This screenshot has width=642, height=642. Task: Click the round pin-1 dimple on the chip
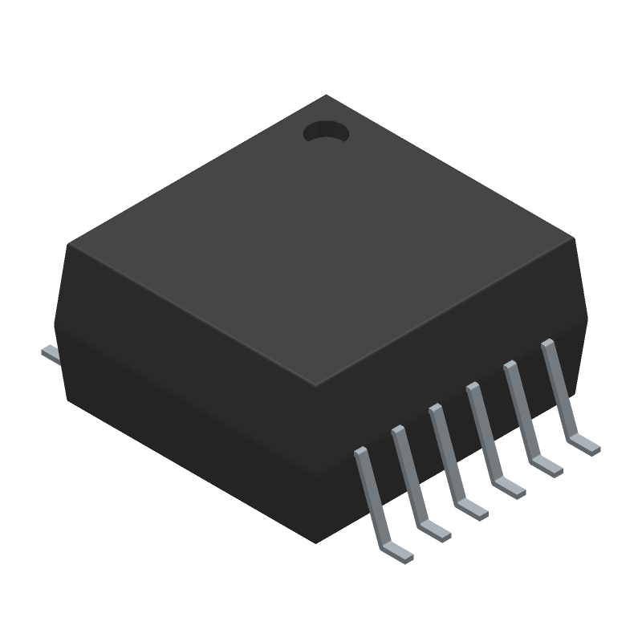[x=326, y=132]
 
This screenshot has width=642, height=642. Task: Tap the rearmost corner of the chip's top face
[x=326, y=95]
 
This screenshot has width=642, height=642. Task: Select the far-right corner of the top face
[x=573, y=238]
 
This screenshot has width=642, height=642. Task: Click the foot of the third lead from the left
[x=472, y=509]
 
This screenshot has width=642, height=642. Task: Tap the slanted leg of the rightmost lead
[x=558, y=388]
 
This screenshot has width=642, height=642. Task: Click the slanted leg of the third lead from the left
[x=446, y=453]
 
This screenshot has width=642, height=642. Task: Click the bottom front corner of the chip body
[x=315, y=542]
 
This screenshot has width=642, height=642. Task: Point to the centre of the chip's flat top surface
[x=321, y=241]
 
